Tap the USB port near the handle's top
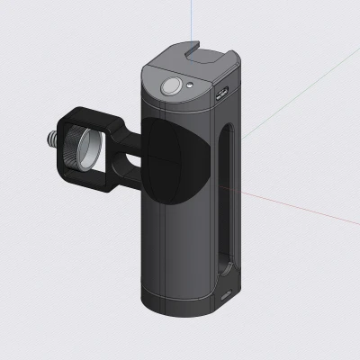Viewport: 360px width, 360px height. pos(222,92)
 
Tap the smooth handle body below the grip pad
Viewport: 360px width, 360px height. pos(175,252)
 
